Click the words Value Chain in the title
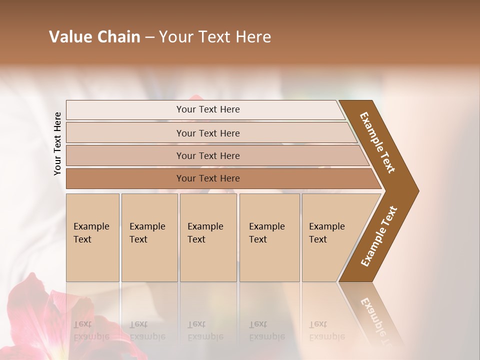[x=94, y=37]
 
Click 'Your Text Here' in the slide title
[x=215, y=37]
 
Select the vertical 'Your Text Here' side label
[x=57, y=143]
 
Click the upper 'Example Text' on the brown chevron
[x=377, y=142]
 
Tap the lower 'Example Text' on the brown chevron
[x=378, y=236]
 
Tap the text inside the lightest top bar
[x=208, y=109]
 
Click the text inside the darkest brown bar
[x=208, y=178]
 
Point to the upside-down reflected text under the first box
[x=91, y=330]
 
